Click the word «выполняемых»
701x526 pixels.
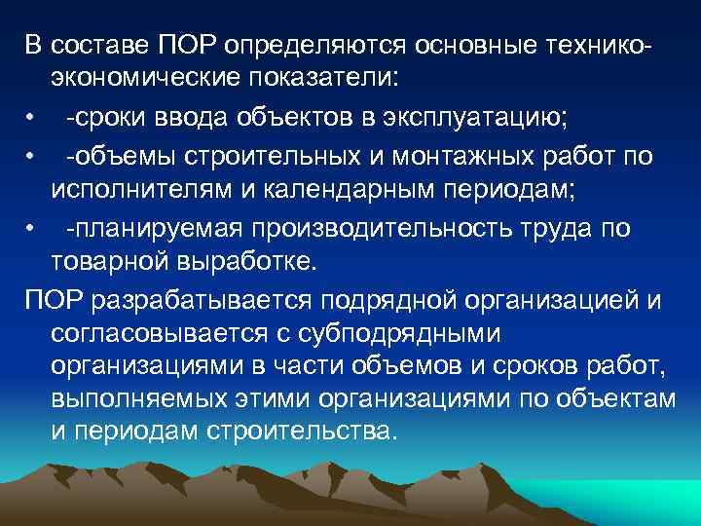pyautogui.click(x=129, y=399)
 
